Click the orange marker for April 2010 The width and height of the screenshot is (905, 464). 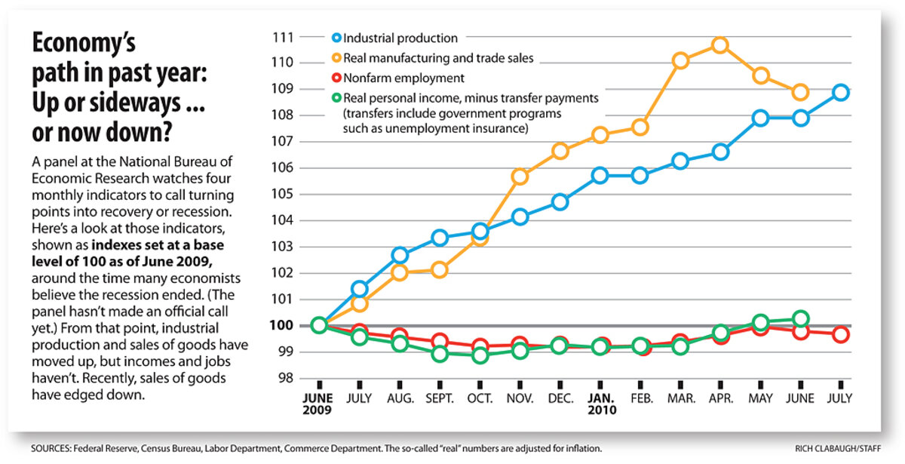[720, 45]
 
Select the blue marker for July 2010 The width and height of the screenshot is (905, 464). [842, 93]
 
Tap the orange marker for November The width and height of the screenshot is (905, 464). [520, 177]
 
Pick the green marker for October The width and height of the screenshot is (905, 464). [480, 355]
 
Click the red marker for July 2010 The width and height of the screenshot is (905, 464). [842, 334]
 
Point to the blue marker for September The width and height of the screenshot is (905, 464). [440, 238]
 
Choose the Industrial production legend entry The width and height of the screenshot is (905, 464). [400, 38]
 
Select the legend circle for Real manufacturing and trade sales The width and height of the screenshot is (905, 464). [337, 57]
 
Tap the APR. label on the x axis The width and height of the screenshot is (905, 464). [720, 398]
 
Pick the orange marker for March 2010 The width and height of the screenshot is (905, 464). [680, 61]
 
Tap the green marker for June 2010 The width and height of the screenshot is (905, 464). [801, 318]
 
